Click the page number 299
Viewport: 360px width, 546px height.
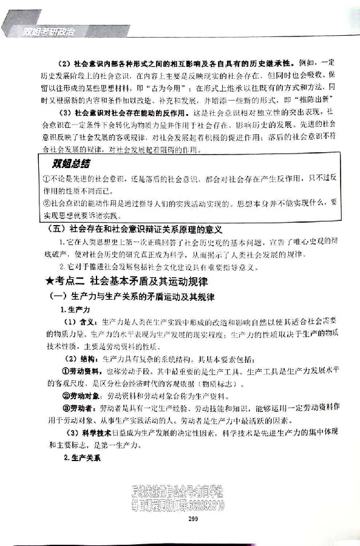pyautogui.click(x=194, y=518)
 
